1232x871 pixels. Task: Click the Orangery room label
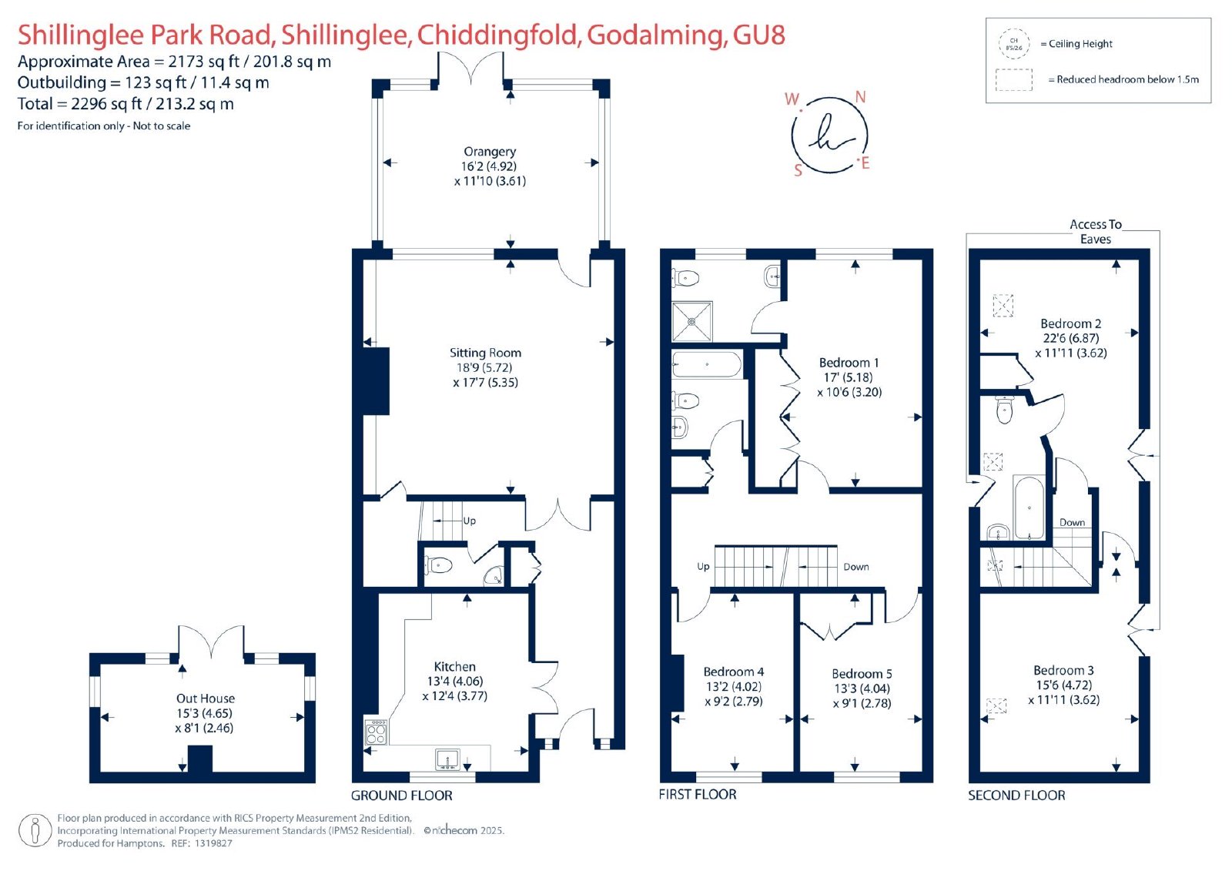click(x=490, y=151)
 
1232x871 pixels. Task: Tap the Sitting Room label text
click(x=485, y=353)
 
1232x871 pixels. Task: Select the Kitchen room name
click(x=455, y=666)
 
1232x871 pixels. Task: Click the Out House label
click(x=205, y=698)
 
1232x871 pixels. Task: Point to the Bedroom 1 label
click(x=849, y=363)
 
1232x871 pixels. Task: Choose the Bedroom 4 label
click(x=734, y=672)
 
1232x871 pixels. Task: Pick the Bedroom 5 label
click(x=862, y=674)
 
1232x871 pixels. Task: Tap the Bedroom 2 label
click(x=1071, y=323)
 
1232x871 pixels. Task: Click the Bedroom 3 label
click(x=1063, y=670)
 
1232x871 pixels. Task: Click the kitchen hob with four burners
click(x=377, y=732)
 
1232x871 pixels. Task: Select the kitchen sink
click(x=447, y=759)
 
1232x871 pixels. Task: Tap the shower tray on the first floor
click(x=692, y=321)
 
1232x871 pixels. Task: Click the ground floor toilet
click(x=438, y=564)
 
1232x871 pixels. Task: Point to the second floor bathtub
click(x=1029, y=508)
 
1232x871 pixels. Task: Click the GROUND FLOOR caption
click(x=401, y=796)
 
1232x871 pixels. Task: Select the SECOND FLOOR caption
click(x=1016, y=795)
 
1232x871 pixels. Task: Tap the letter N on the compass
click(x=861, y=97)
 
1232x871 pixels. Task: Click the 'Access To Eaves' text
click(x=1096, y=232)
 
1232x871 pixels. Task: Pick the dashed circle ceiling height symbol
click(x=1013, y=44)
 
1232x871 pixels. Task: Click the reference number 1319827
click(x=213, y=843)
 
